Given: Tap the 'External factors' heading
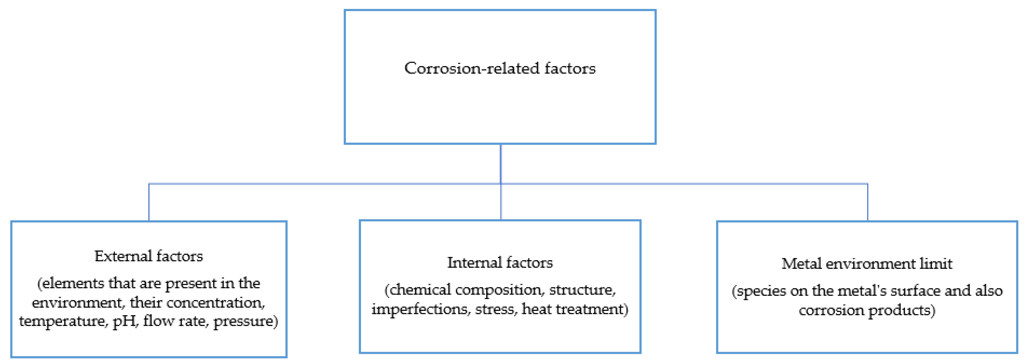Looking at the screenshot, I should [149, 256].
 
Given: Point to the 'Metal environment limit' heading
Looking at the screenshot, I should [867, 264].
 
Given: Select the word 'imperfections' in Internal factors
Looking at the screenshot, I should [420, 309].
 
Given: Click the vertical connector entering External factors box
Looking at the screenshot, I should [149, 202].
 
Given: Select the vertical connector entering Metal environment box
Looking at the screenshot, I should [868, 202].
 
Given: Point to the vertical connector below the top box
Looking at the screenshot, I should [500, 164].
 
